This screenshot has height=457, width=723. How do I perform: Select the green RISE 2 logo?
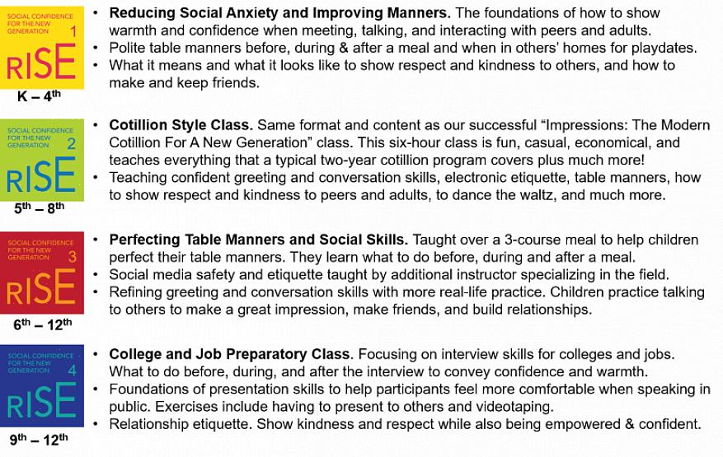(x=42, y=160)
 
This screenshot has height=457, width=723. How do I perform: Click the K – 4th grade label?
(x=40, y=96)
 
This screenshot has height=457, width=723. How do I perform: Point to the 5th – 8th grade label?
(x=40, y=208)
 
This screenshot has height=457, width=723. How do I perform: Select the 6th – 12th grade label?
(x=43, y=324)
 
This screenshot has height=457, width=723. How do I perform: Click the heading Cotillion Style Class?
(x=180, y=125)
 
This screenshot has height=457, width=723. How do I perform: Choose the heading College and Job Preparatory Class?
(x=230, y=354)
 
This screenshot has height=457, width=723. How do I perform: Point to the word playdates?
(x=665, y=47)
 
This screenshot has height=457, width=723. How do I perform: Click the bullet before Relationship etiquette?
(x=98, y=424)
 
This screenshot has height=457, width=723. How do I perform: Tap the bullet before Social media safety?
(x=98, y=274)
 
